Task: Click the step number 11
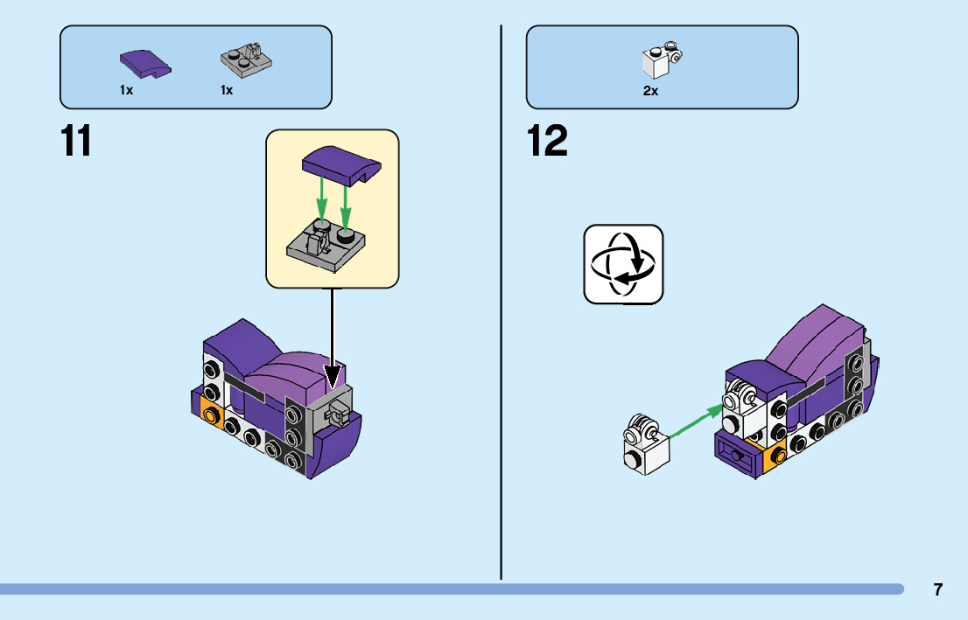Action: (76, 141)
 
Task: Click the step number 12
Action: (547, 141)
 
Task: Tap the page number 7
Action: (937, 589)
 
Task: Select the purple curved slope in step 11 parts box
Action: (145, 64)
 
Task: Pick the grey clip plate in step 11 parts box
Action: (246, 59)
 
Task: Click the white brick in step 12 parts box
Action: (662, 59)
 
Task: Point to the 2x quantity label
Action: (650, 91)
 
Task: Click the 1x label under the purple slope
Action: (127, 90)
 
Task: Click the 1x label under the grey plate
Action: (227, 90)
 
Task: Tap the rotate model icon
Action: (623, 264)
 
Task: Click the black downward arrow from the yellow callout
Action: (332, 338)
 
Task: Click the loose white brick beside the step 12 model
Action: (645, 445)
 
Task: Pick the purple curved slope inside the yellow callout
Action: (341, 165)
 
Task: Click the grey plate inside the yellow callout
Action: (325, 246)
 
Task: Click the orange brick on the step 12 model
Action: (775, 456)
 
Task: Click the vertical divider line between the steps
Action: (501, 303)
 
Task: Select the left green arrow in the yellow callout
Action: (321, 199)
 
